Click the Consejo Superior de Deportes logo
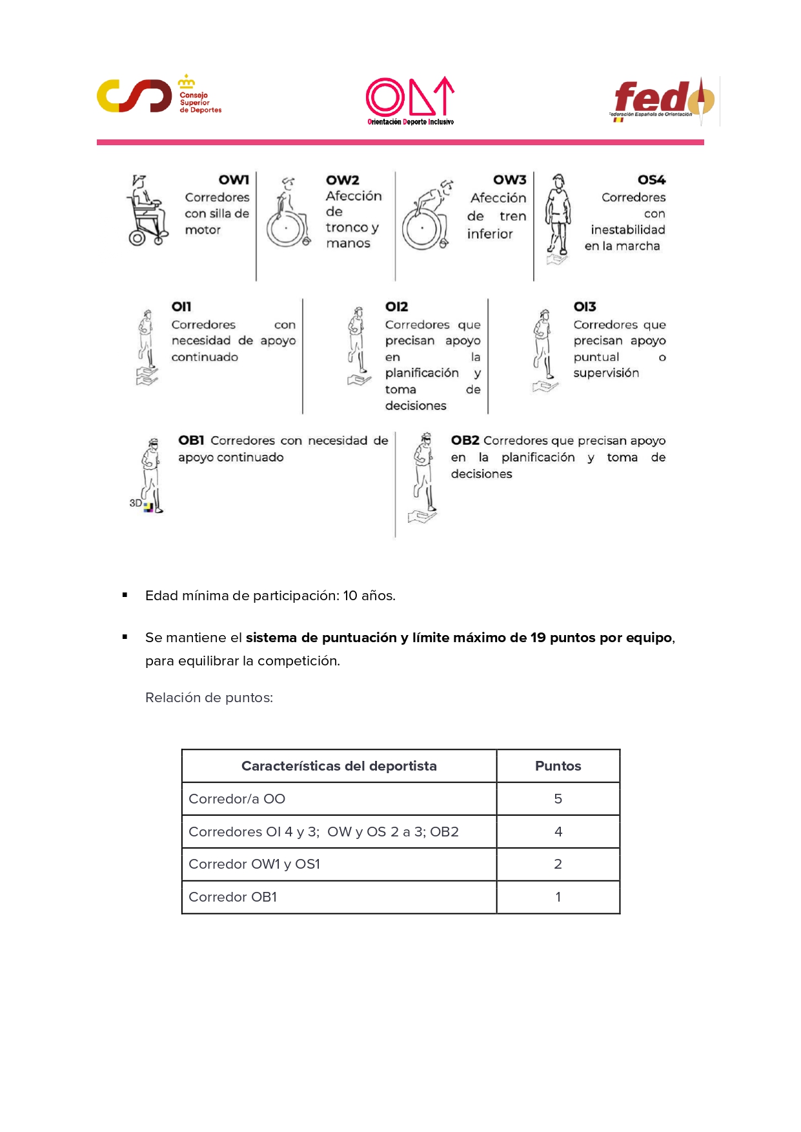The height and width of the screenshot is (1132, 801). pos(159,96)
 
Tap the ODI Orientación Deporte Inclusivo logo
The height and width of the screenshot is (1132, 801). pos(410,101)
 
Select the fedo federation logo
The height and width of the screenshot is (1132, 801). pos(664,101)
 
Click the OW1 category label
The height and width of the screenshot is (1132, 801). pos(234,180)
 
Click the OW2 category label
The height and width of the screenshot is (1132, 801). pos(342,180)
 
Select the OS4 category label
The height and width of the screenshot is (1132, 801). pos(651,180)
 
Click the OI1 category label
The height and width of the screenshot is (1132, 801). pos(181,307)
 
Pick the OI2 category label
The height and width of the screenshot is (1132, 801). pos(396,307)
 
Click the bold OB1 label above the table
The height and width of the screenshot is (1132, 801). pos(191,440)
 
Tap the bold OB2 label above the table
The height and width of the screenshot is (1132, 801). pos(465,440)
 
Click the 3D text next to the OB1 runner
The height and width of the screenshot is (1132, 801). pos(136,503)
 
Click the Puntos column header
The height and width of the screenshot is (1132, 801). pos(558,766)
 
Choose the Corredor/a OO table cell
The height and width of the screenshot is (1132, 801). pos(237,799)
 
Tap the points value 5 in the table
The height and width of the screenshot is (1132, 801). pos(558,799)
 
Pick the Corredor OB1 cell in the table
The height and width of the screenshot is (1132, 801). pos(232,897)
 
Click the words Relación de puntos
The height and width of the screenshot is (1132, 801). pos(209,698)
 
